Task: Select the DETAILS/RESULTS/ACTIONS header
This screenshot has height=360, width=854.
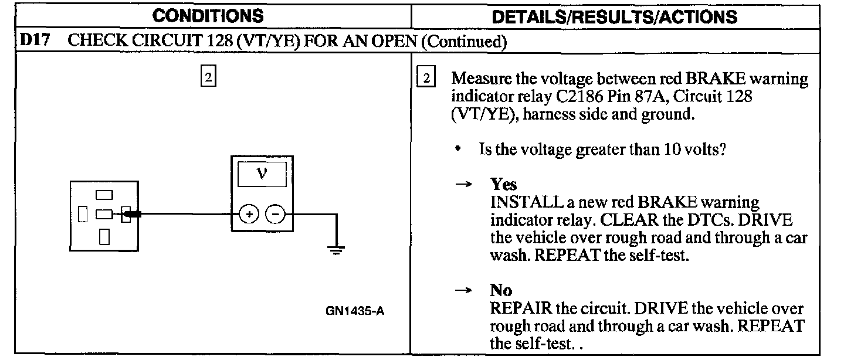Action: coord(614,16)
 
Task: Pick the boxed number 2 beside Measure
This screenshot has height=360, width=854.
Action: coord(426,79)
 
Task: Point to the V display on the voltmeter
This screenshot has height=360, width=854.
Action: coord(262,175)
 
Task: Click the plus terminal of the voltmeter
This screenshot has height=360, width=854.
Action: coord(249,215)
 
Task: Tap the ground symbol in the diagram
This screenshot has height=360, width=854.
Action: coord(336,251)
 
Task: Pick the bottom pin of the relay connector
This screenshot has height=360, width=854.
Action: coord(104,236)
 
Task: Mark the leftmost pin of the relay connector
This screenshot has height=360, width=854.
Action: coord(83,215)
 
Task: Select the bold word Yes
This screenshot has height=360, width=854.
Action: coord(504,185)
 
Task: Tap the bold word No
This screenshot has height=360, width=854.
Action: coord(501,290)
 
